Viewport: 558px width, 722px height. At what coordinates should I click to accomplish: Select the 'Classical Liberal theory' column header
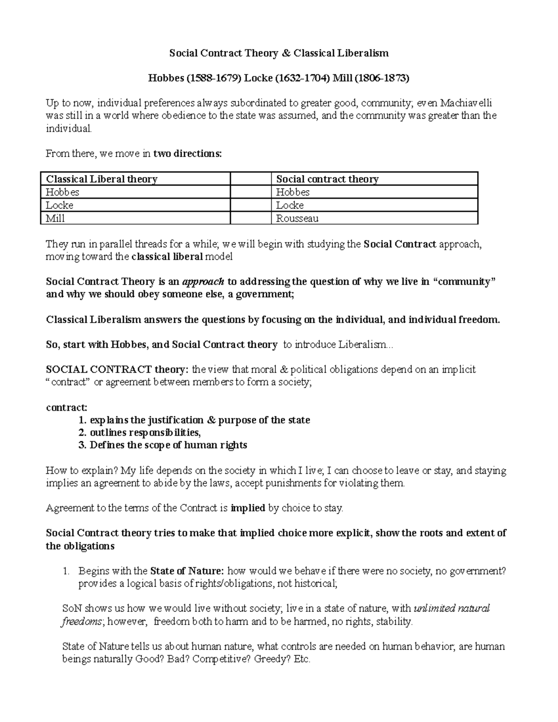point(101,179)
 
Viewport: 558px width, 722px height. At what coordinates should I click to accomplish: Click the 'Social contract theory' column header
point(327,179)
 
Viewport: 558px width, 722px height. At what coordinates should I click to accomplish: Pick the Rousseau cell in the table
point(297,218)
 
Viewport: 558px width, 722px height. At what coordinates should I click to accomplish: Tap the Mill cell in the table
point(55,218)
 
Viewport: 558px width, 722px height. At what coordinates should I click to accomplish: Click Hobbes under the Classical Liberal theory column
point(62,192)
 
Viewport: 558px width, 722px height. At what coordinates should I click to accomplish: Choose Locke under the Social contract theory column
point(290,205)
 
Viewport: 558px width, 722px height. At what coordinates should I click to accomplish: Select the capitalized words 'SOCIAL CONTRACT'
point(99,370)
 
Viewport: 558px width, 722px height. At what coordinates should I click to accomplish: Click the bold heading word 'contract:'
point(66,408)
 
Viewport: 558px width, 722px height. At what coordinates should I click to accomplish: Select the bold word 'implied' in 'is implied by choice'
point(248,508)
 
